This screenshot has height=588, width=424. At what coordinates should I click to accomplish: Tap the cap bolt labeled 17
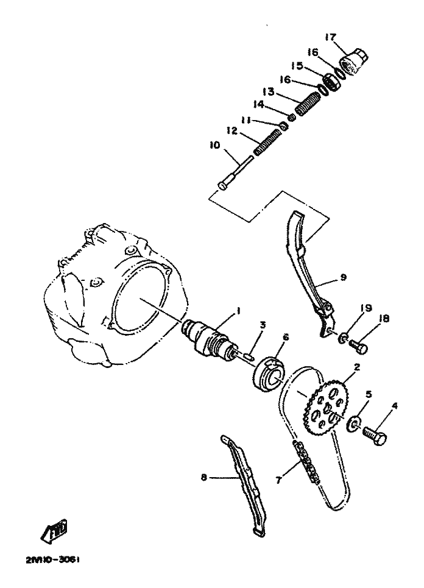[x=353, y=62]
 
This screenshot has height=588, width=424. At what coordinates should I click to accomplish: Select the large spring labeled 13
[x=306, y=104]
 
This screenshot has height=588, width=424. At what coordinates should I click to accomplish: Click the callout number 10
[x=215, y=145]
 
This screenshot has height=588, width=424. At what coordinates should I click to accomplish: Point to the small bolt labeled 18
[x=358, y=345]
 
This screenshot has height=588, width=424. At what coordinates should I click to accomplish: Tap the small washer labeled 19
[x=342, y=338]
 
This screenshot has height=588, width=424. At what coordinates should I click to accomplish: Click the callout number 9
[x=344, y=277]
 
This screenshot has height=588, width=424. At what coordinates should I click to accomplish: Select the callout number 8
[x=203, y=478]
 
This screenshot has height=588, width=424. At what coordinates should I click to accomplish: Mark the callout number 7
[x=278, y=480]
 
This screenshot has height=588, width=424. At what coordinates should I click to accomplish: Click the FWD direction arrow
[x=55, y=529]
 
